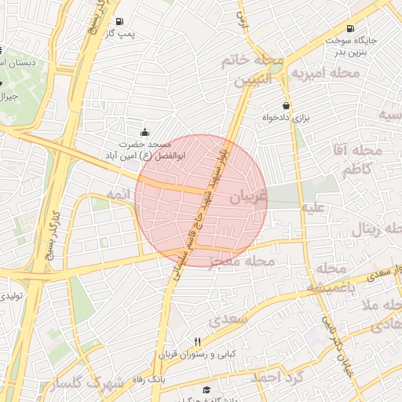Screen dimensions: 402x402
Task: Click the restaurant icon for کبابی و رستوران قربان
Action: point(197,342)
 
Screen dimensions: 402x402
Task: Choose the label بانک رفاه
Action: point(148,379)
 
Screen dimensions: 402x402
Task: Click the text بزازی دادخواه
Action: point(287,120)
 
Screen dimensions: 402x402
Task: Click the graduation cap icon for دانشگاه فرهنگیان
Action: point(206,390)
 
